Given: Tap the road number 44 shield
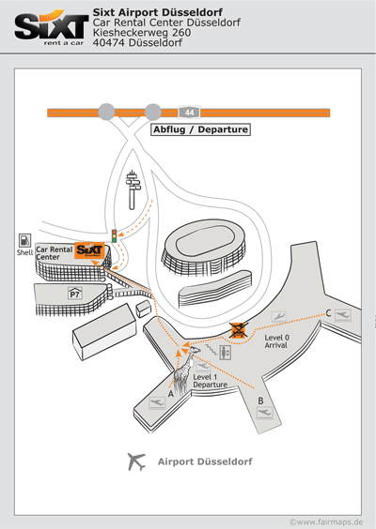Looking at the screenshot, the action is [189, 113].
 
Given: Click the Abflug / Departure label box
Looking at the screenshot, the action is [200, 129].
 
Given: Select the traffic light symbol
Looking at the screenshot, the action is [115, 235].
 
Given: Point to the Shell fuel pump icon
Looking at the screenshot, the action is [24, 240].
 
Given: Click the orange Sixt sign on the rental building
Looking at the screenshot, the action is [89, 250].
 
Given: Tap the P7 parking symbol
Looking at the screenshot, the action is [75, 294].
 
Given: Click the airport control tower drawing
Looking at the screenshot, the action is [133, 189].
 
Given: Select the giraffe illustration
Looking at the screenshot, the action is [184, 370].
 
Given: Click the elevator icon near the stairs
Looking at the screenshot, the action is [226, 353].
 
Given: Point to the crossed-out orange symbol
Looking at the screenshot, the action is [239, 330].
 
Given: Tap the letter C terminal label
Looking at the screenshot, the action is [328, 313].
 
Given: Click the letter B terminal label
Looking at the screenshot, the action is [260, 401].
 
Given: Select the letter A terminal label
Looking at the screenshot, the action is [171, 394].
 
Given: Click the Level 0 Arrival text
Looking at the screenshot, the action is [276, 341].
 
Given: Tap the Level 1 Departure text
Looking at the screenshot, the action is [210, 381].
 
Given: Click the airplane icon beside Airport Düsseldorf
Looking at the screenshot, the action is [136, 461].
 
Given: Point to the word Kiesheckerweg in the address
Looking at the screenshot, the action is [132, 33].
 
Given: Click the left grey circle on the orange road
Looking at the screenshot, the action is [106, 112].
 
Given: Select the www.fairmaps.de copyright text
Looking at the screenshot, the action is [326, 521].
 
